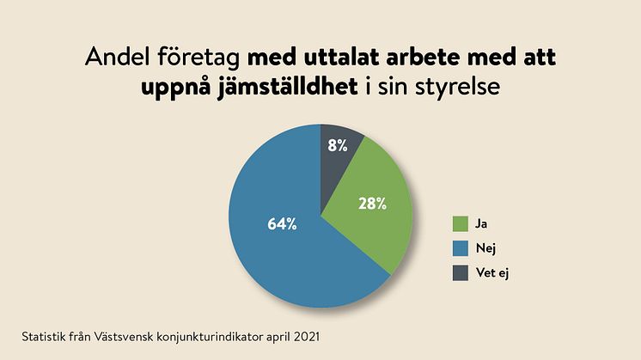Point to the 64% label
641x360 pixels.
click(283, 224)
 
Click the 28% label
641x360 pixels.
click(372, 204)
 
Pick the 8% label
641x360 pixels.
click(338, 145)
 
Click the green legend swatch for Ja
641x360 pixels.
click(461, 224)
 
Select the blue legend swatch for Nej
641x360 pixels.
click(461, 248)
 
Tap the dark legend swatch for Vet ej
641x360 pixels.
click(461, 272)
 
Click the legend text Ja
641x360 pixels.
click(481, 224)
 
